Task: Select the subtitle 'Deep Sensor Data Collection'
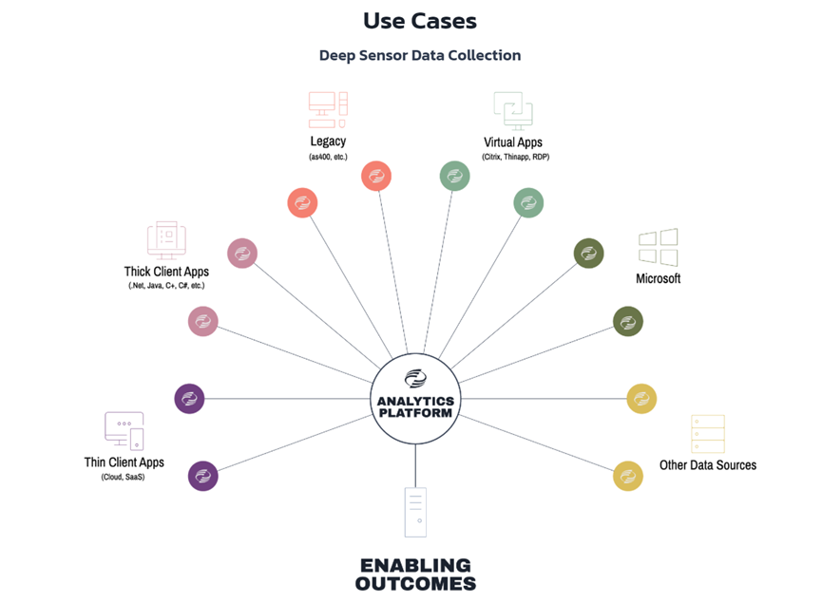pyautogui.click(x=419, y=55)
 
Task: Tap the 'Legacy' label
pyautogui.click(x=328, y=141)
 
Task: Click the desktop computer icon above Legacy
pyautogui.click(x=328, y=109)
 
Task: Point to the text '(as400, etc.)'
pyautogui.click(x=328, y=157)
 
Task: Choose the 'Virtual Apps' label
pyautogui.click(x=513, y=142)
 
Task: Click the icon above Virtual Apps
pyautogui.click(x=513, y=109)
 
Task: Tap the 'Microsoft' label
pyautogui.click(x=658, y=279)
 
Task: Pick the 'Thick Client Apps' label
pyautogui.click(x=165, y=272)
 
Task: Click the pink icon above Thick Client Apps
pyautogui.click(x=166, y=240)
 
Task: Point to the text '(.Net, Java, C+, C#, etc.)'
pyautogui.click(x=166, y=286)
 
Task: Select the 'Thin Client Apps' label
pyautogui.click(x=124, y=462)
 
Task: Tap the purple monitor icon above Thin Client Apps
pyautogui.click(x=124, y=431)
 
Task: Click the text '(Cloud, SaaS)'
pyautogui.click(x=124, y=477)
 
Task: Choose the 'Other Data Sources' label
pyautogui.click(x=708, y=465)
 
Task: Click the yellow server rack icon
pyautogui.click(x=708, y=434)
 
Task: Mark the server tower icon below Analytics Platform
pyautogui.click(x=415, y=512)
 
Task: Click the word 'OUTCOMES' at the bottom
pyautogui.click(x=415, y=584)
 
